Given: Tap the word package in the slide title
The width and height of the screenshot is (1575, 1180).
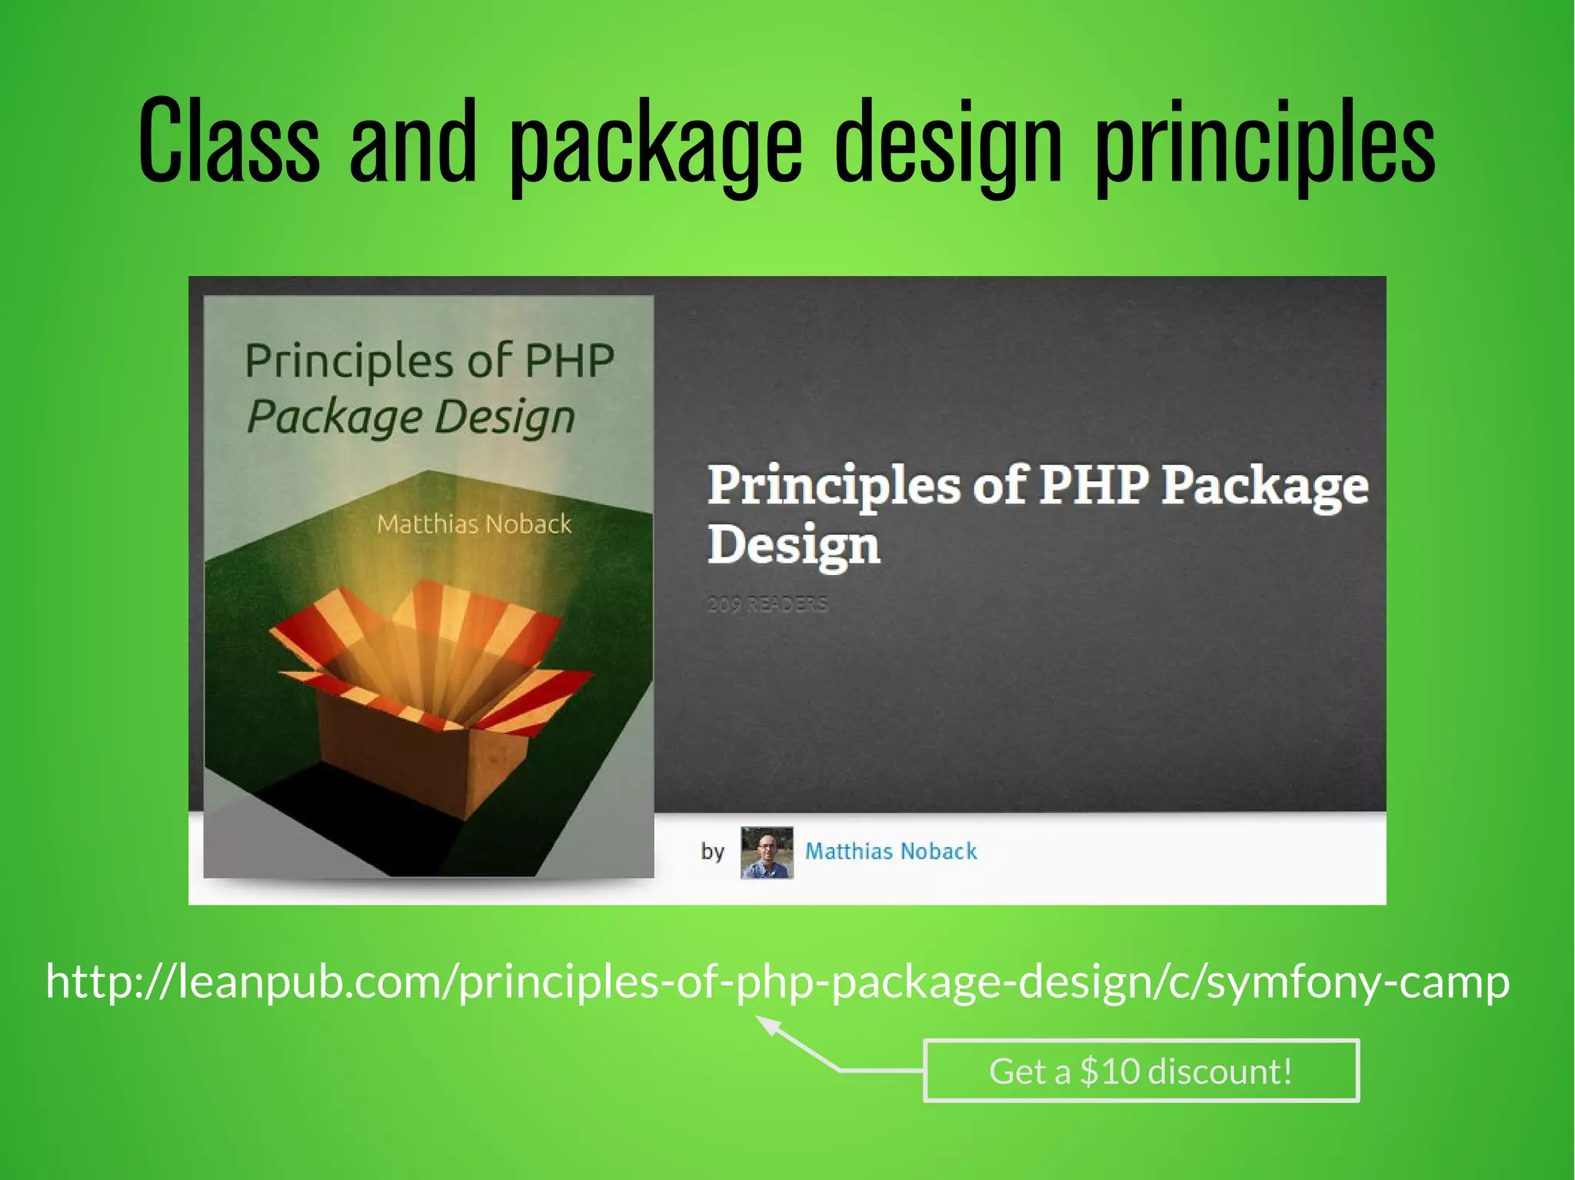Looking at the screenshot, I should point(655,146).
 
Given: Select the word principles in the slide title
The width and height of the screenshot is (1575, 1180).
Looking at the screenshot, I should point(1265,146).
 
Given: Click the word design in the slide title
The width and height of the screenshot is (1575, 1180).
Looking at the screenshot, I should point(948,146).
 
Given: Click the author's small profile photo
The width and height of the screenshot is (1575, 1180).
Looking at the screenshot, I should point(766,853).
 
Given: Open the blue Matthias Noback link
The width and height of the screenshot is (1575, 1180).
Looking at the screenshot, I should point(891,851).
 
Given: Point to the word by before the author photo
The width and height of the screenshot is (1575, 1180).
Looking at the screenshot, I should point(712,852).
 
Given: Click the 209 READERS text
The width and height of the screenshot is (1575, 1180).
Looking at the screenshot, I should point(767,604).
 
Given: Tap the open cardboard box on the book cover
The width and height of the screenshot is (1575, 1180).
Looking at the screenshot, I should point(431,692).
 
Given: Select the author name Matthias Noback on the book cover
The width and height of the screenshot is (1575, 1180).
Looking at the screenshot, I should point(474,524).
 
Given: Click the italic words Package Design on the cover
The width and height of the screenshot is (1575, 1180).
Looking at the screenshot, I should point(411,417).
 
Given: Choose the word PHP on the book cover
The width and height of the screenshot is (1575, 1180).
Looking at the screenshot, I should point(570,361).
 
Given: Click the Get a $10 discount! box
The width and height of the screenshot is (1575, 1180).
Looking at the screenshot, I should point(1140,1071).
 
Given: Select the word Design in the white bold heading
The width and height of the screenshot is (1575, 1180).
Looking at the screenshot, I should point(793,545).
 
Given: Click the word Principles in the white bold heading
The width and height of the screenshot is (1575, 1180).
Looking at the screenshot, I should point(834,486).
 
